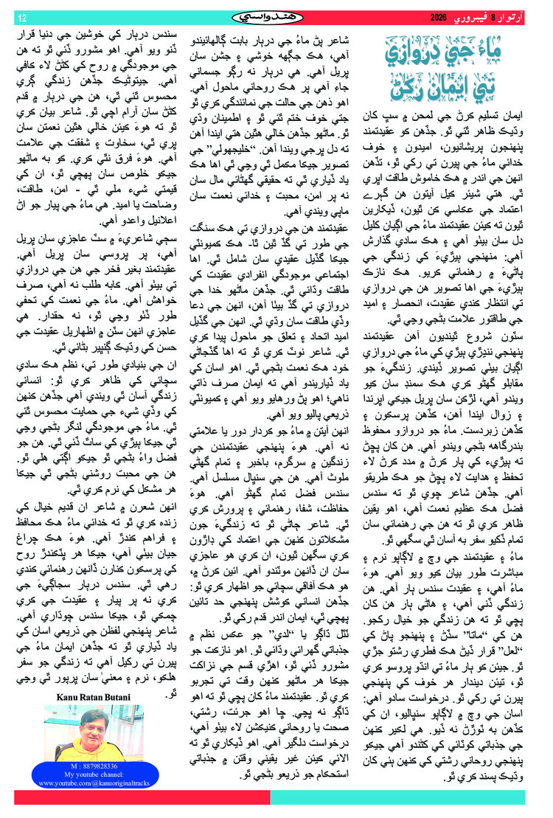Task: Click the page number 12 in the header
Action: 22,17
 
